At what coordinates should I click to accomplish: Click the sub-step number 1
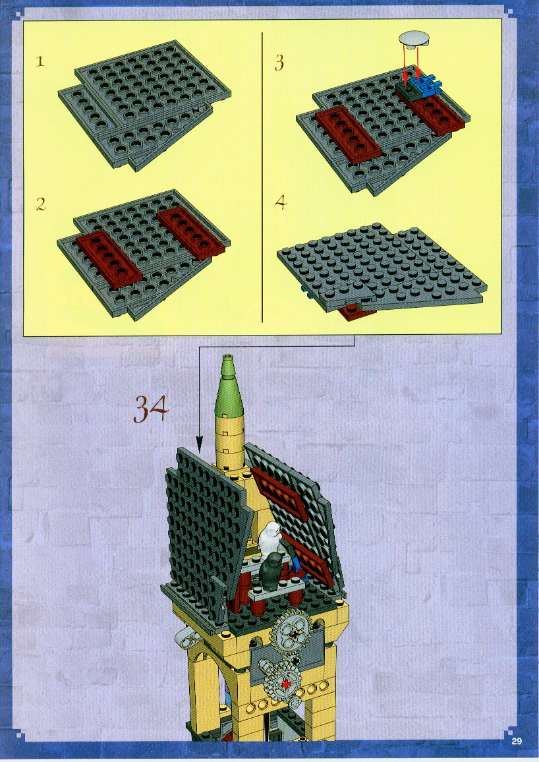click(40, 62)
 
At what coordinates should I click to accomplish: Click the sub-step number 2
click(41, 204)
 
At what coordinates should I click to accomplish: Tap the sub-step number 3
click(279, 63)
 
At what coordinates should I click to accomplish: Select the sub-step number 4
click(281, 202)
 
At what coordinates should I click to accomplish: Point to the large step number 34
click(150, 409)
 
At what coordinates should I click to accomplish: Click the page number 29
click(516, 741)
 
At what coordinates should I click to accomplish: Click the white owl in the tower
click(269, 540)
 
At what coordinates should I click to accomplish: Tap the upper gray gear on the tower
click(289, 632)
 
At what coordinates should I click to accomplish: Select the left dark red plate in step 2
click(109, 257)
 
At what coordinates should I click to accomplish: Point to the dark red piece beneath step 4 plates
click(357, 312)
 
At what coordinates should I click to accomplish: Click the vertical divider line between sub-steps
click(262, 177)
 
